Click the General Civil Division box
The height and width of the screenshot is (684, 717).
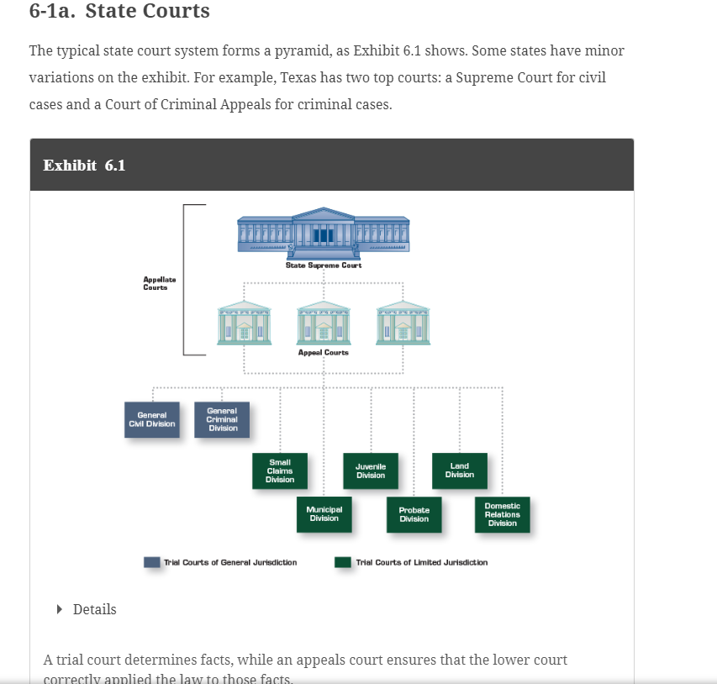coord(152,418)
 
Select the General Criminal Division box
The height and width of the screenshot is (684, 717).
coord(223,418)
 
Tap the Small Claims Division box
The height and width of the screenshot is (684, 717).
coord(280,471)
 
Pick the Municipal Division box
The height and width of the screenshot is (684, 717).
coord(324,513)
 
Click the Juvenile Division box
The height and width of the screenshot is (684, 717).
coord(370,471)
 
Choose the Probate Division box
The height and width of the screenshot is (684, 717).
coord(414,514)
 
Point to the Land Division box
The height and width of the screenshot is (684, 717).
coord(459,470)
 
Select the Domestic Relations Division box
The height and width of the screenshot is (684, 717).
coord(502,514)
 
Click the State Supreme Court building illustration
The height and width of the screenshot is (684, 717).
coord(324,231)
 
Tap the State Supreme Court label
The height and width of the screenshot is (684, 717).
coord(324,265)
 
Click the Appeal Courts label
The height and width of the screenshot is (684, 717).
coord(324,353)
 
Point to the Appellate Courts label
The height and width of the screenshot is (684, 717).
coord(159,283)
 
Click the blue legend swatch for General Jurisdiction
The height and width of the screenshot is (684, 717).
coord(152,562)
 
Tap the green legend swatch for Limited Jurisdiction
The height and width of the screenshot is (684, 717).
coord(343,562)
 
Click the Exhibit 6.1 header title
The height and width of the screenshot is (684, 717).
coord(84,165)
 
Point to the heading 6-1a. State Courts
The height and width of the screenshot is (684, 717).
coord(119,12)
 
